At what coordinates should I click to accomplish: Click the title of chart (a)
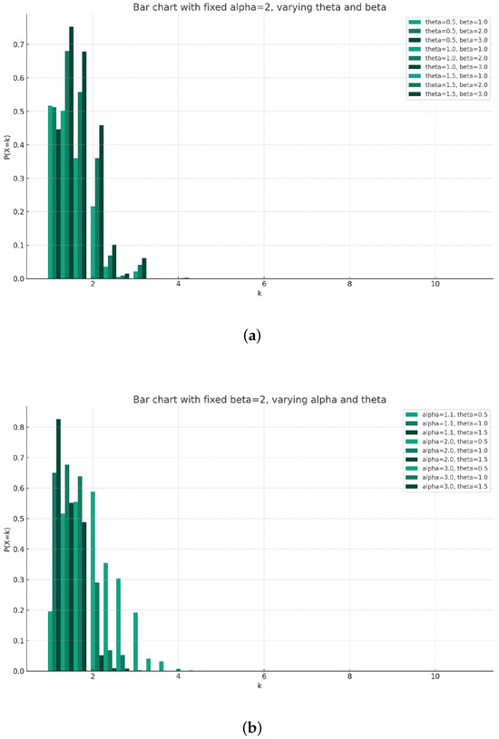coord(245,7)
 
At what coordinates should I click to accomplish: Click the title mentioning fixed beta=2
coord(245,399)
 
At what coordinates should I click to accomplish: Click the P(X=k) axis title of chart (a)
coord(7,145)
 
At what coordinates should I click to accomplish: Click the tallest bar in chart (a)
coord(71,154)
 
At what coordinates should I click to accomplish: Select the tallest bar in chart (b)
coord(59,544)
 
